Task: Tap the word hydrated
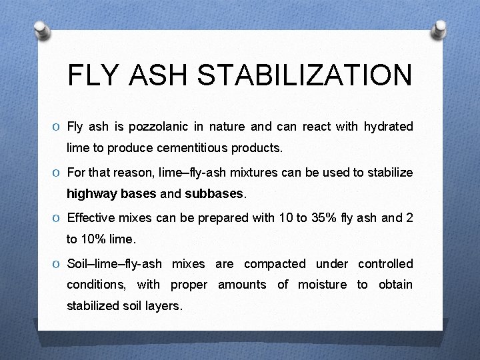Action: tap(388, 127)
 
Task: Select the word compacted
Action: tap(275, 264)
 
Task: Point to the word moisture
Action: tap(322, 285)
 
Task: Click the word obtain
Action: tap(395, 285)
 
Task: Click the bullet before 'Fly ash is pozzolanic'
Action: tap(58, 127)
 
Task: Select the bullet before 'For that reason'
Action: tap(58, 173)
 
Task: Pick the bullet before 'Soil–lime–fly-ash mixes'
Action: tap(58, 265)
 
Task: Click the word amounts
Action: tap(242, 285)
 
